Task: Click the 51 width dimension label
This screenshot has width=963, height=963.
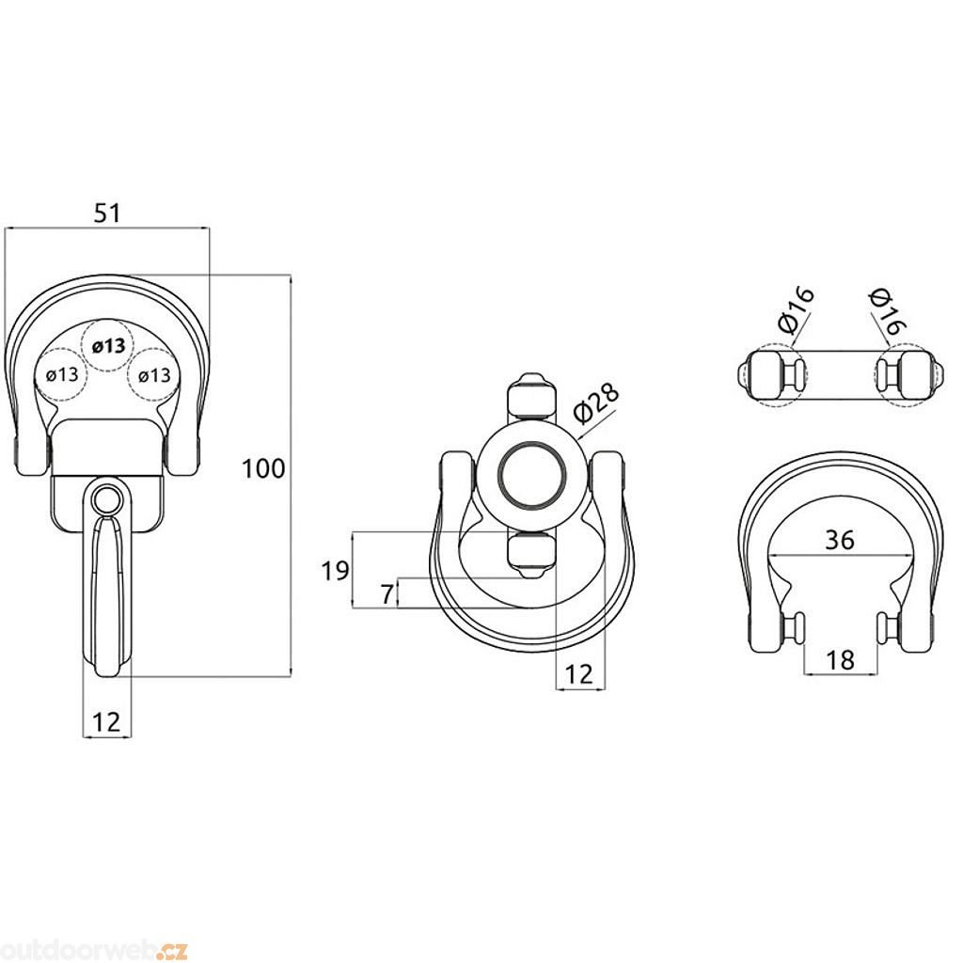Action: (107, 213)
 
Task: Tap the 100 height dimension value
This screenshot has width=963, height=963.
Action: (263, 468)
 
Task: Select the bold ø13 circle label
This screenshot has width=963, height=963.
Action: (109, 346)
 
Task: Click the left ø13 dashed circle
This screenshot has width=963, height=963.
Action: (61, 373)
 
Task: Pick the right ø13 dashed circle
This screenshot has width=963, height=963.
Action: (153, 373)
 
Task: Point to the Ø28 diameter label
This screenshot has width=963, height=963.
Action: (597, 406)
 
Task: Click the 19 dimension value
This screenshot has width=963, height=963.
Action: (336, 571)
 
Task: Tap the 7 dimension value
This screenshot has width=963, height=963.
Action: (387, 594)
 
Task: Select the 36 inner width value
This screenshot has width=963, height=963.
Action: (840, 540)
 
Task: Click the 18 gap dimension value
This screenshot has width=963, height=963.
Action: (840, 660)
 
